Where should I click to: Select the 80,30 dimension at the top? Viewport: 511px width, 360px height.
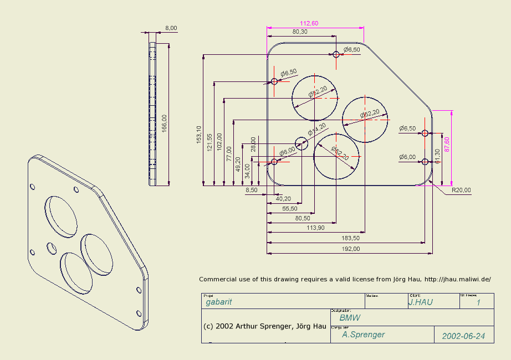[x=300, y=32]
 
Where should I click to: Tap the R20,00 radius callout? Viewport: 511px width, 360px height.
[x=461, y=190]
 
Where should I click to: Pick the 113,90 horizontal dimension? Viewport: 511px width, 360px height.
[x=315, y=228]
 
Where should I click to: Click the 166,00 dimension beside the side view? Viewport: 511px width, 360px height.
[x=164, y=122]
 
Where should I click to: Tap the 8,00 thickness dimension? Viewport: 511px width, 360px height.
[x=171, y=28]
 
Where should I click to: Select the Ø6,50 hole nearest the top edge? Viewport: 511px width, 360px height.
[x=336, y=54]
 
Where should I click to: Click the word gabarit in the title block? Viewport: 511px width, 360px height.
[x=219, y=302]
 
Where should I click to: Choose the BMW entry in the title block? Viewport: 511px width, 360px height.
[x=350, y=318]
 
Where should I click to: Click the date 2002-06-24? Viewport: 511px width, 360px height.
[x=463, y=336]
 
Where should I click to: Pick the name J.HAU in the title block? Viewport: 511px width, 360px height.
[x=420, y=302]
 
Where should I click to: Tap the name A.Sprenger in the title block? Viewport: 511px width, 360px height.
[x=363, y=335]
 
